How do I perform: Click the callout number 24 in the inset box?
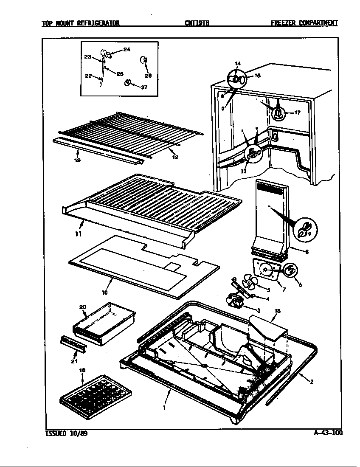click(127, 49)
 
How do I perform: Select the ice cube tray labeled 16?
click(96, 390)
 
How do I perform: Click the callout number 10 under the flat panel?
click(105, 292)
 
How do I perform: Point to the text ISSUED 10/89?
click(67, 433)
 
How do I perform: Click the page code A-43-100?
click(328, 433)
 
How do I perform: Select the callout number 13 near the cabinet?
click(243, 172)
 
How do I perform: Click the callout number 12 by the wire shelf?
click(175, 157)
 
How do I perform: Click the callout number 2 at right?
click(312, 381)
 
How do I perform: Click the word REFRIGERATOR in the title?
click(98, 23)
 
